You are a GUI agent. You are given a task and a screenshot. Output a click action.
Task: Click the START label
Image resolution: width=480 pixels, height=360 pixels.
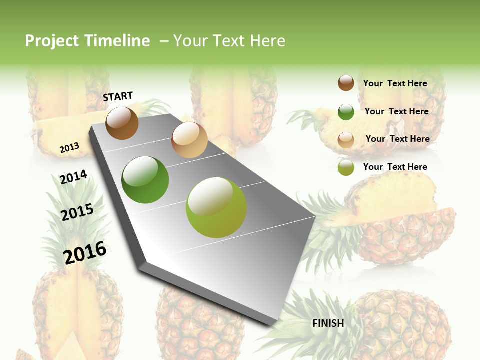pos(118,96)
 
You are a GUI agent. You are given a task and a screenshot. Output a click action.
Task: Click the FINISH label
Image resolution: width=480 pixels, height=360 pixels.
pos(328,323)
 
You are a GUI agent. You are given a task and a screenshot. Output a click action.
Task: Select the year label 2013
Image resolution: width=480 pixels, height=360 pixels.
pos(69,147)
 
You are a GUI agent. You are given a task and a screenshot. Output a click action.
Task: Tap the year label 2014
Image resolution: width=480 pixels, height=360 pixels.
pos(73,177)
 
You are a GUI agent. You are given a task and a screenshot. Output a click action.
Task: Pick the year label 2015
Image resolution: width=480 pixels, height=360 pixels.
pos(77,212)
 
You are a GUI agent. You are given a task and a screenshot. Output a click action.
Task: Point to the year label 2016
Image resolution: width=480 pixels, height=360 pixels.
pos(85,252)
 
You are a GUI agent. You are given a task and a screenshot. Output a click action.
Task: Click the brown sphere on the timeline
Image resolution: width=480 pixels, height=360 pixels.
pos(122,123)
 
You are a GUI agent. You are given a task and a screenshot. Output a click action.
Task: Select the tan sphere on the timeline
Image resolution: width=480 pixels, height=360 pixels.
pos(189,140)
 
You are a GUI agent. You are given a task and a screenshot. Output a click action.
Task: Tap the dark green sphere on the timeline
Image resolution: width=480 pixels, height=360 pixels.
pos(145,180)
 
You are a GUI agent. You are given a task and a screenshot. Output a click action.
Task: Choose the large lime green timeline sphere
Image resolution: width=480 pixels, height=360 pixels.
pos(216,207)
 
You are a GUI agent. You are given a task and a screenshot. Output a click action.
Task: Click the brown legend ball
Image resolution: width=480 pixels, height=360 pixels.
pos(346,83)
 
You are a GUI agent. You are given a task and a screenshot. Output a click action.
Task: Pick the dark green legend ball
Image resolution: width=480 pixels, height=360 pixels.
pos(346,112)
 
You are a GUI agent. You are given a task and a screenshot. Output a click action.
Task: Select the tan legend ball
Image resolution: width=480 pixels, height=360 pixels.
pos(346,140)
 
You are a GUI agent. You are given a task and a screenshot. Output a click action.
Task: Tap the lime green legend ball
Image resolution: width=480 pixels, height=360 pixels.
pos(346,167)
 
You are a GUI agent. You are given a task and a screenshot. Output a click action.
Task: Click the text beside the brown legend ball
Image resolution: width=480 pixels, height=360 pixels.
pos(395,83)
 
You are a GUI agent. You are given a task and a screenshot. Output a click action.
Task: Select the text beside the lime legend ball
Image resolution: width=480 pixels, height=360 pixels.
pos(395,167)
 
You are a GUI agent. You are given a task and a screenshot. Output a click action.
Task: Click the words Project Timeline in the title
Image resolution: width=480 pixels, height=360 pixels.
pos(87,41)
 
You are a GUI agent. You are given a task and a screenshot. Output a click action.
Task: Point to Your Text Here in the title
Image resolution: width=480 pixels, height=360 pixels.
pos(229,41)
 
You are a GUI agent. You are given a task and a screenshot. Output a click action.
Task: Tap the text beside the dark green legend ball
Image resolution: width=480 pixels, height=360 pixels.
pos(396,111)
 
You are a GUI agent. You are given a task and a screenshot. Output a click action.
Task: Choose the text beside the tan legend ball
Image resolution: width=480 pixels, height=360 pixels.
pos(397,139)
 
